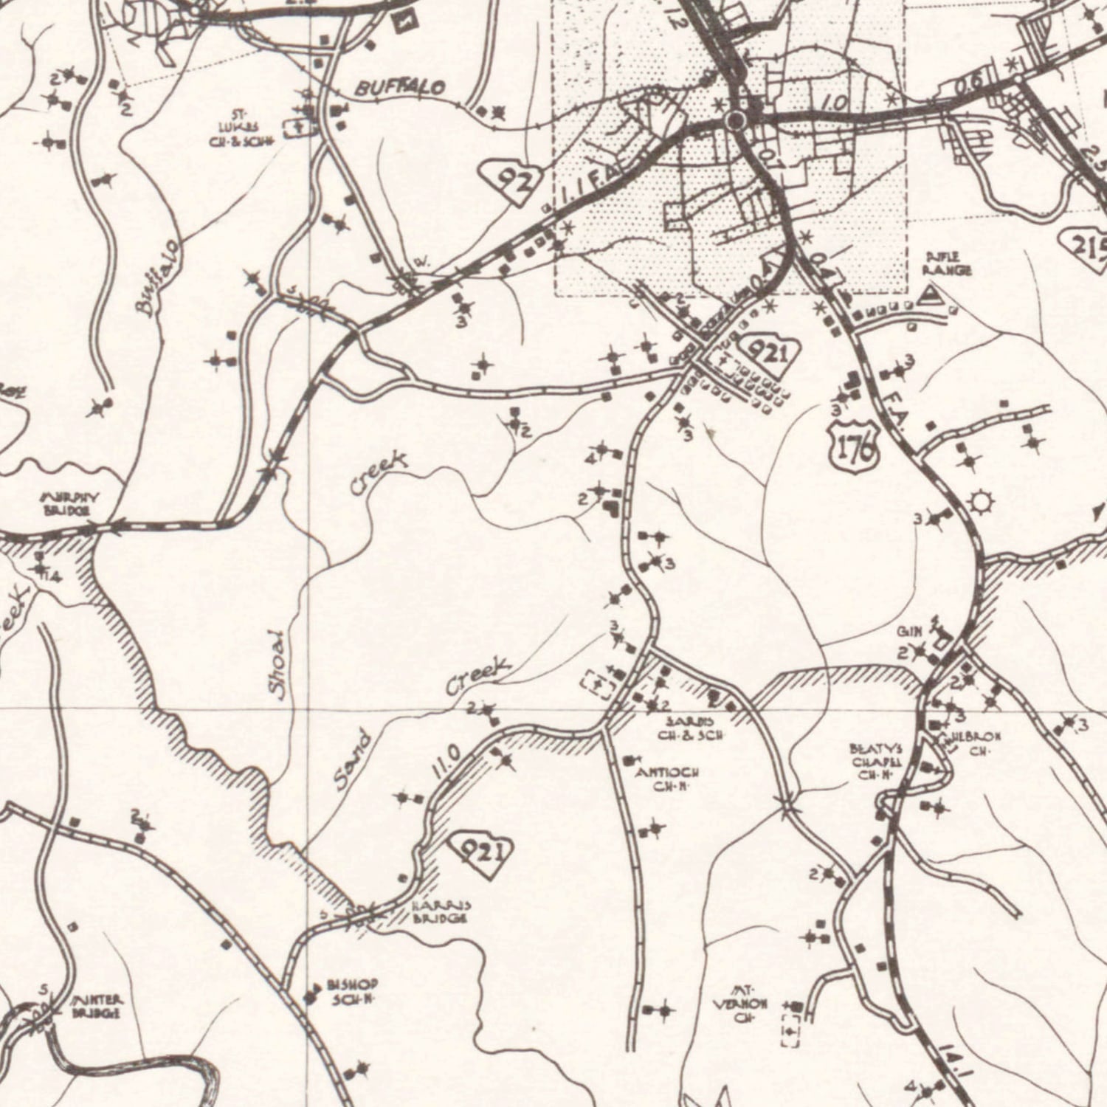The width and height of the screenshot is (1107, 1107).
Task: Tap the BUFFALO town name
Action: (401, 89)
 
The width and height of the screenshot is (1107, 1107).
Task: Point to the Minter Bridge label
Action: (97, 1006)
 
